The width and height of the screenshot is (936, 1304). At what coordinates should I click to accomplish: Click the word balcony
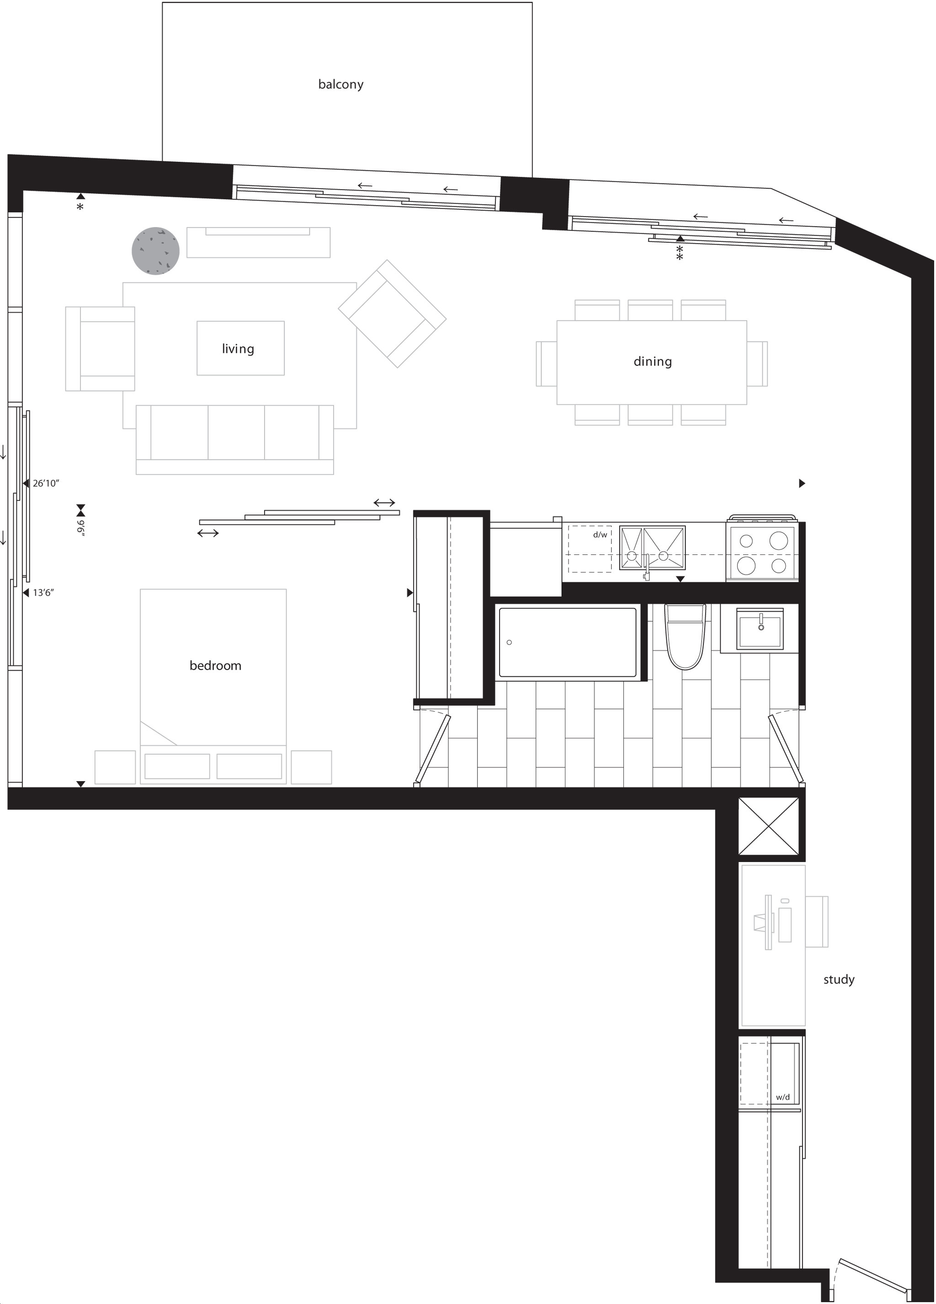pos(341,84)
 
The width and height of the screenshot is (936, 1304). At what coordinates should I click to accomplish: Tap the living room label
pos(238,348)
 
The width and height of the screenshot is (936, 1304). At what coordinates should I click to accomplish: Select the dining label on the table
pos(653,361)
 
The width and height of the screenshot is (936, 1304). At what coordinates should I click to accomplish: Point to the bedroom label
pos(216,665)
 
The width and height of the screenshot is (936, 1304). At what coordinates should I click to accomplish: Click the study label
pos(839,979)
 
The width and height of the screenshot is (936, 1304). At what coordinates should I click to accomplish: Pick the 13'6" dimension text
pos(43,593)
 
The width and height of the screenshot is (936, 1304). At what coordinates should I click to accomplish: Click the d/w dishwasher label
pos(600,535)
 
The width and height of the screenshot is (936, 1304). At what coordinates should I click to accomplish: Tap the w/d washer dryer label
pos(782,1097)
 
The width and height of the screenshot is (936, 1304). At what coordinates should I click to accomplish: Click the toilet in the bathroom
pos(685,637)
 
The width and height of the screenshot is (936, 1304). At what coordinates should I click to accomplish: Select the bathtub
pos(568,642)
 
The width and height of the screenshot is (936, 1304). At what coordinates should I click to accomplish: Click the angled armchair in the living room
pos(392,314)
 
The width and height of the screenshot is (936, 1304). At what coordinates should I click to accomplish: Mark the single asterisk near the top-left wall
pos(80,207)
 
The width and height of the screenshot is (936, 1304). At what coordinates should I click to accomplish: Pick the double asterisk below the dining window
pos(680,252)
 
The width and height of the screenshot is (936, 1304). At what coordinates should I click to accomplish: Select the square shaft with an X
pos(769,826)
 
